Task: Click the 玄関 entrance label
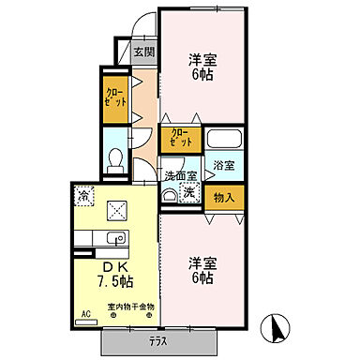pos(142,53)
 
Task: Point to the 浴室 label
pos(223,166)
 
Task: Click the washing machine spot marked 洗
pos(189,192)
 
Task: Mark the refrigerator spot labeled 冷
pos(84,197)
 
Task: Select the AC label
pos(86,314)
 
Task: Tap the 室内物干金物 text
pos(131,308)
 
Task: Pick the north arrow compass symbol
pos(277,328)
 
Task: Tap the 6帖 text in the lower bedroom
pos(202,280)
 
